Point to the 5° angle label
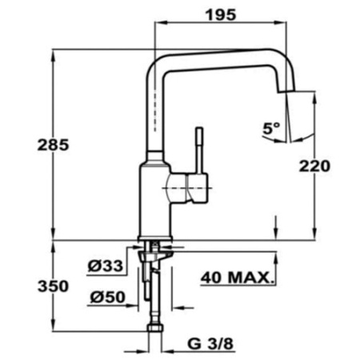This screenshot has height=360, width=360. click(x=271, y=126)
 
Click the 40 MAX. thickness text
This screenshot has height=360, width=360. click(x=237, y=279)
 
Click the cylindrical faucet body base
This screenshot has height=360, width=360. click(x=155, y=200)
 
